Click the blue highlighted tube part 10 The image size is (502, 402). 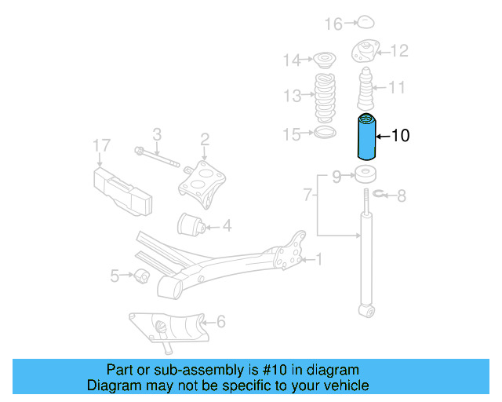point(366,136)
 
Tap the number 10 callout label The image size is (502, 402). point(400,136)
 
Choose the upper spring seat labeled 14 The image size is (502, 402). point(321,58)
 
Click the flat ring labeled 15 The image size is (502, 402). point(321,133)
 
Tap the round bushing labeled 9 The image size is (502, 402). point(365,174)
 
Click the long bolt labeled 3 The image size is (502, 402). point(161,158)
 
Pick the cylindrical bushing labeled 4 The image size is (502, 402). point(192,225)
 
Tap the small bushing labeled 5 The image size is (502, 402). point(142,275)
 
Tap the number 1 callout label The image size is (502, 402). point(318,258)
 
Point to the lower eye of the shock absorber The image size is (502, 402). point(365,312)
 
